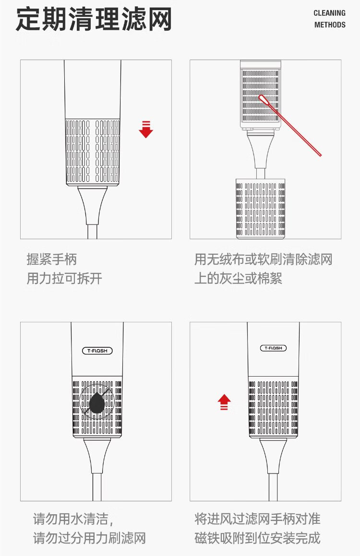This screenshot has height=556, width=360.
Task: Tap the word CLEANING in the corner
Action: pyautogui.click(x=329, y=13)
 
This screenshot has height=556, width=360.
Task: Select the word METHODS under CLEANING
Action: pyautogui.click(x=330, y=24)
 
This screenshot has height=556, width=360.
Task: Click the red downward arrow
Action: pyautogui.click(x=146, y=130)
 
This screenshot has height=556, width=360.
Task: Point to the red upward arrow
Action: pyautogui.click(x=224, y=402)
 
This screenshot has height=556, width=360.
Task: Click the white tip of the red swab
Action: pyautogui.click(x=263, y=99)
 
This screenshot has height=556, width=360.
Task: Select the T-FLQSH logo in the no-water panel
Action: pyautogui.click(x=97, y=351)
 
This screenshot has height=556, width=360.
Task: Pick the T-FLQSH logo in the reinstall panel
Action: pyautogui.click(x=273, y=348)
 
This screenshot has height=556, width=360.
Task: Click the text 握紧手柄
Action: pyautogui.click(x=51, y=260)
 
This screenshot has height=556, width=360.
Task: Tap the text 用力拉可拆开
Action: pyautogui.click(x=64, y=279)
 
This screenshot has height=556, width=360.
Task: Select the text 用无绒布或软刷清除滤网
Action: pyautogui.click(x=263, y=260)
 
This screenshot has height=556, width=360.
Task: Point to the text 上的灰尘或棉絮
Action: pyautogui.click(x=238, y=279)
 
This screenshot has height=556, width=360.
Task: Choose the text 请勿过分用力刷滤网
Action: pyautogui.click(x=89, y=538)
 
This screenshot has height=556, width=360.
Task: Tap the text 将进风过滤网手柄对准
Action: pyautogui.click(x=257, y=519)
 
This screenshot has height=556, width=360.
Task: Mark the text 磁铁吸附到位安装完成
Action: pyautogui.click(x=257, y=538)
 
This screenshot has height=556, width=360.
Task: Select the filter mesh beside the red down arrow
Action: pyautogui.click(x=92, y=151)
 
